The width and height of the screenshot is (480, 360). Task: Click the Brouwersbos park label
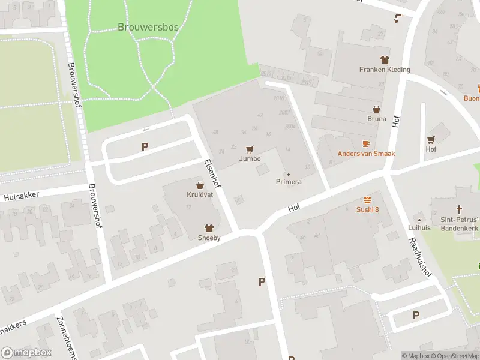(148, 27)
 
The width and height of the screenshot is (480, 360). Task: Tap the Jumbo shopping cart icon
(250, 149)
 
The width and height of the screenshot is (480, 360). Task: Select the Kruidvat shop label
(199, 194)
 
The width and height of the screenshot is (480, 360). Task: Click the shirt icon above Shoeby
(209, 228)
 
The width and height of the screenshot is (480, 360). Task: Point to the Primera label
(289, 181)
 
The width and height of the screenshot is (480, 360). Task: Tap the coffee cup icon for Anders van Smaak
(366, 144)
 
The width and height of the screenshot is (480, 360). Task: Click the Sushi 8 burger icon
(368, 200)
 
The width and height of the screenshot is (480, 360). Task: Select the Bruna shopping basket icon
(377, 110)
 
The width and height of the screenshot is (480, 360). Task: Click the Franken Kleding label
(385, 69)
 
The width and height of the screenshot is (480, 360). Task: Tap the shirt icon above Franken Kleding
(385, 59)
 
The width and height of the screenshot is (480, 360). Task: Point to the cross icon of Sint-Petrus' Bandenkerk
(460, 209)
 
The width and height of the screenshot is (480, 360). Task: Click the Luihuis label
(420, 228)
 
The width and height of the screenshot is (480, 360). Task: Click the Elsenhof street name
(212, 173)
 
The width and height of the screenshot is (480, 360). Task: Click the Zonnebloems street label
(67, 337)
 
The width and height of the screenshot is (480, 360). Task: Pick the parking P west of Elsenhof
(145, 146)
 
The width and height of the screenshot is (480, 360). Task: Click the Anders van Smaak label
(366, 154)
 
